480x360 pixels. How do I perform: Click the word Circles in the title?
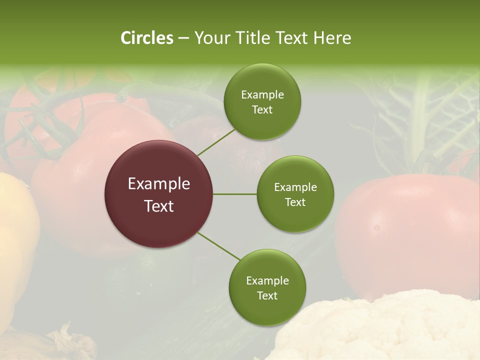pyautogui.click(x=146, y=38)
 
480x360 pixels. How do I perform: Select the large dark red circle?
pyautogui.click(x=159, y=194)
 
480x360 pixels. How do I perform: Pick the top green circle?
pyautogui.click(x=262, y=102)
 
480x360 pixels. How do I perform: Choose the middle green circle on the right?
pyautogui.click(x=295, y=194)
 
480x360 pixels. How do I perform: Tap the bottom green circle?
pyautogui.click(x=267, y=287)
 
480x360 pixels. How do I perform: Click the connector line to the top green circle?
pyautogui.click(x=216, y=143)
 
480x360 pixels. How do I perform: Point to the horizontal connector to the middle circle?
pyautogui.click(x=235, y=194)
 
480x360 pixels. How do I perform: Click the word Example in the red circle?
pyautogui.click(x=159, y=184)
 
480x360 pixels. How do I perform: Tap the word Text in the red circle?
pyautogui.click(x=159, y=206)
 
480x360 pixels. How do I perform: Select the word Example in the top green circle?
pyautogui.click(x=262, y=95)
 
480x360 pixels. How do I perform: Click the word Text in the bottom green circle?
pyautogui.click(x=267, y=295)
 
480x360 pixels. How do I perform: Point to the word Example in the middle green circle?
pyautogui.click(x=295, y=187)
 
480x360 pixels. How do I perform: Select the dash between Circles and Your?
pyautogui.click(x=183, y=38)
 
